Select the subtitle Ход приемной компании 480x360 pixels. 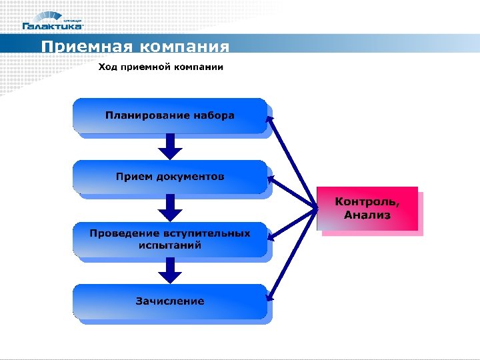(x=161, y=67)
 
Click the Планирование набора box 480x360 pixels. (x=170, y=115)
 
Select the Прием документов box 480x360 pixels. (x=170, y=177)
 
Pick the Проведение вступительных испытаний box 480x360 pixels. (x=170, y=239)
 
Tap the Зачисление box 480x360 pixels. (x=170, y=301)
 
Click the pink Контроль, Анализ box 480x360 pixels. (x=367, y=209)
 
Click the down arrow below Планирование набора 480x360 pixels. (x=170, y=146)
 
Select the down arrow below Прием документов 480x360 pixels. (x=170, y=207)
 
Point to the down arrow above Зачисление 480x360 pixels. (x=170, y=269)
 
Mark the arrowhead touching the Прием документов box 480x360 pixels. (x=271, y=179)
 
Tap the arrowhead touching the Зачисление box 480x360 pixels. (x=270, y=297)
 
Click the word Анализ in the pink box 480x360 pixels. (x=367, y=215)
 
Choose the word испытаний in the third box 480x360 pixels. (x=170, y=245)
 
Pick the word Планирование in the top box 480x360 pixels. (x=147, y=115)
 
